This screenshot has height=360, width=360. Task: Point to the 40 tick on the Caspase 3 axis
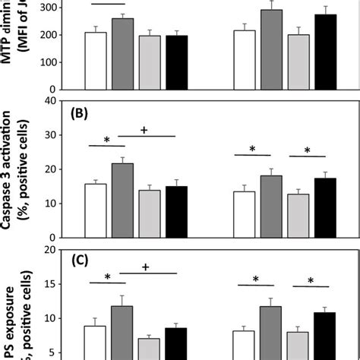tap(54, 99)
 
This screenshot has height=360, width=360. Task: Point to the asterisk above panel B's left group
tap(107, 141)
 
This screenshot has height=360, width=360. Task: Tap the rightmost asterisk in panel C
tap(310, 281)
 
